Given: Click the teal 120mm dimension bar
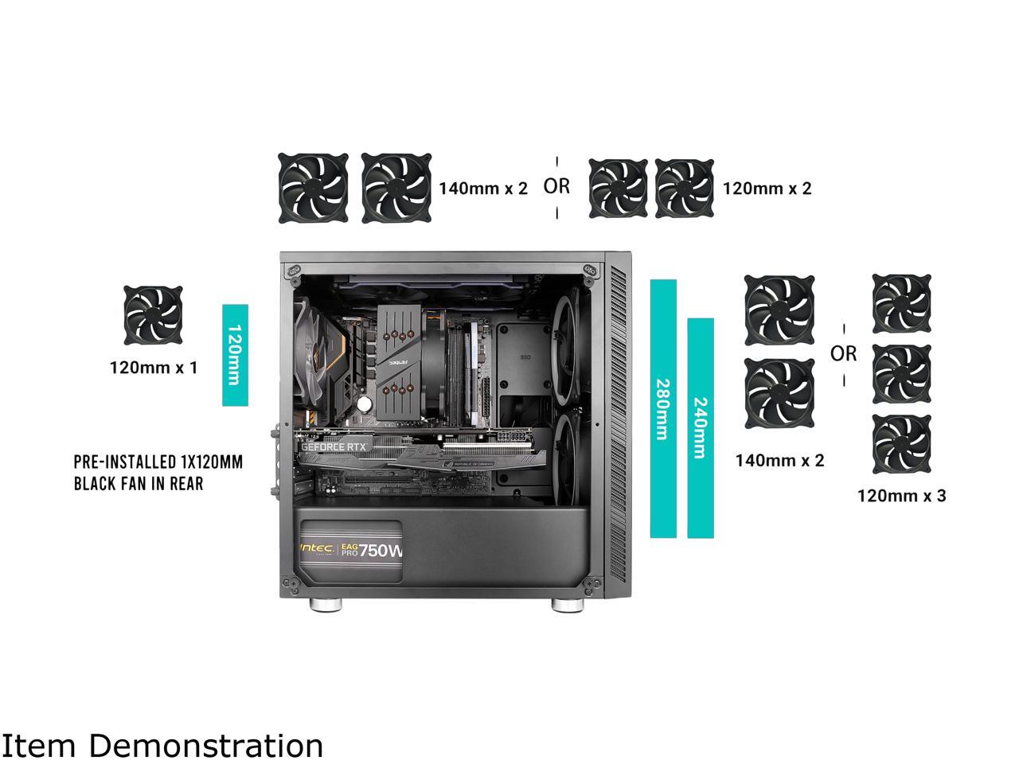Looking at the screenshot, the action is pos(235,355).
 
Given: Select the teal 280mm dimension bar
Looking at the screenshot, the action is pos(663,408).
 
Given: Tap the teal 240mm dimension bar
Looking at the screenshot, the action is pos(700,428).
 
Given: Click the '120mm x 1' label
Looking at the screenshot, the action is pos(153,368).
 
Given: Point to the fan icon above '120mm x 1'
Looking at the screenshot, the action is pos(154,316).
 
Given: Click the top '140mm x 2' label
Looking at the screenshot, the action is pos(483,189).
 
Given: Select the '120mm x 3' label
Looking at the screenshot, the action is pos(901,496).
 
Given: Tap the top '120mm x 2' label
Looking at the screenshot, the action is pos(767,189).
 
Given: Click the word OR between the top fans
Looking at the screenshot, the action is pos(556,186).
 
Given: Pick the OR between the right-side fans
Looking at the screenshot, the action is pos(844,353).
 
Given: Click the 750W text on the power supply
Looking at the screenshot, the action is pos(382,551).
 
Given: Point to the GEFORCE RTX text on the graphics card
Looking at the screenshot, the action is pos(334,446).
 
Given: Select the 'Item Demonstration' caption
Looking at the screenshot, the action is pos(162,746).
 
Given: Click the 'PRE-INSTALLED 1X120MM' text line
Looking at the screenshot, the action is pos(158,462).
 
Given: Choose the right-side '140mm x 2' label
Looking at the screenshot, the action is pos(779,460).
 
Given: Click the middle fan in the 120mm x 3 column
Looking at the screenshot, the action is pos(902,374).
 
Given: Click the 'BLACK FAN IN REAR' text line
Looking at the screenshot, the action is pos(139,483).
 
